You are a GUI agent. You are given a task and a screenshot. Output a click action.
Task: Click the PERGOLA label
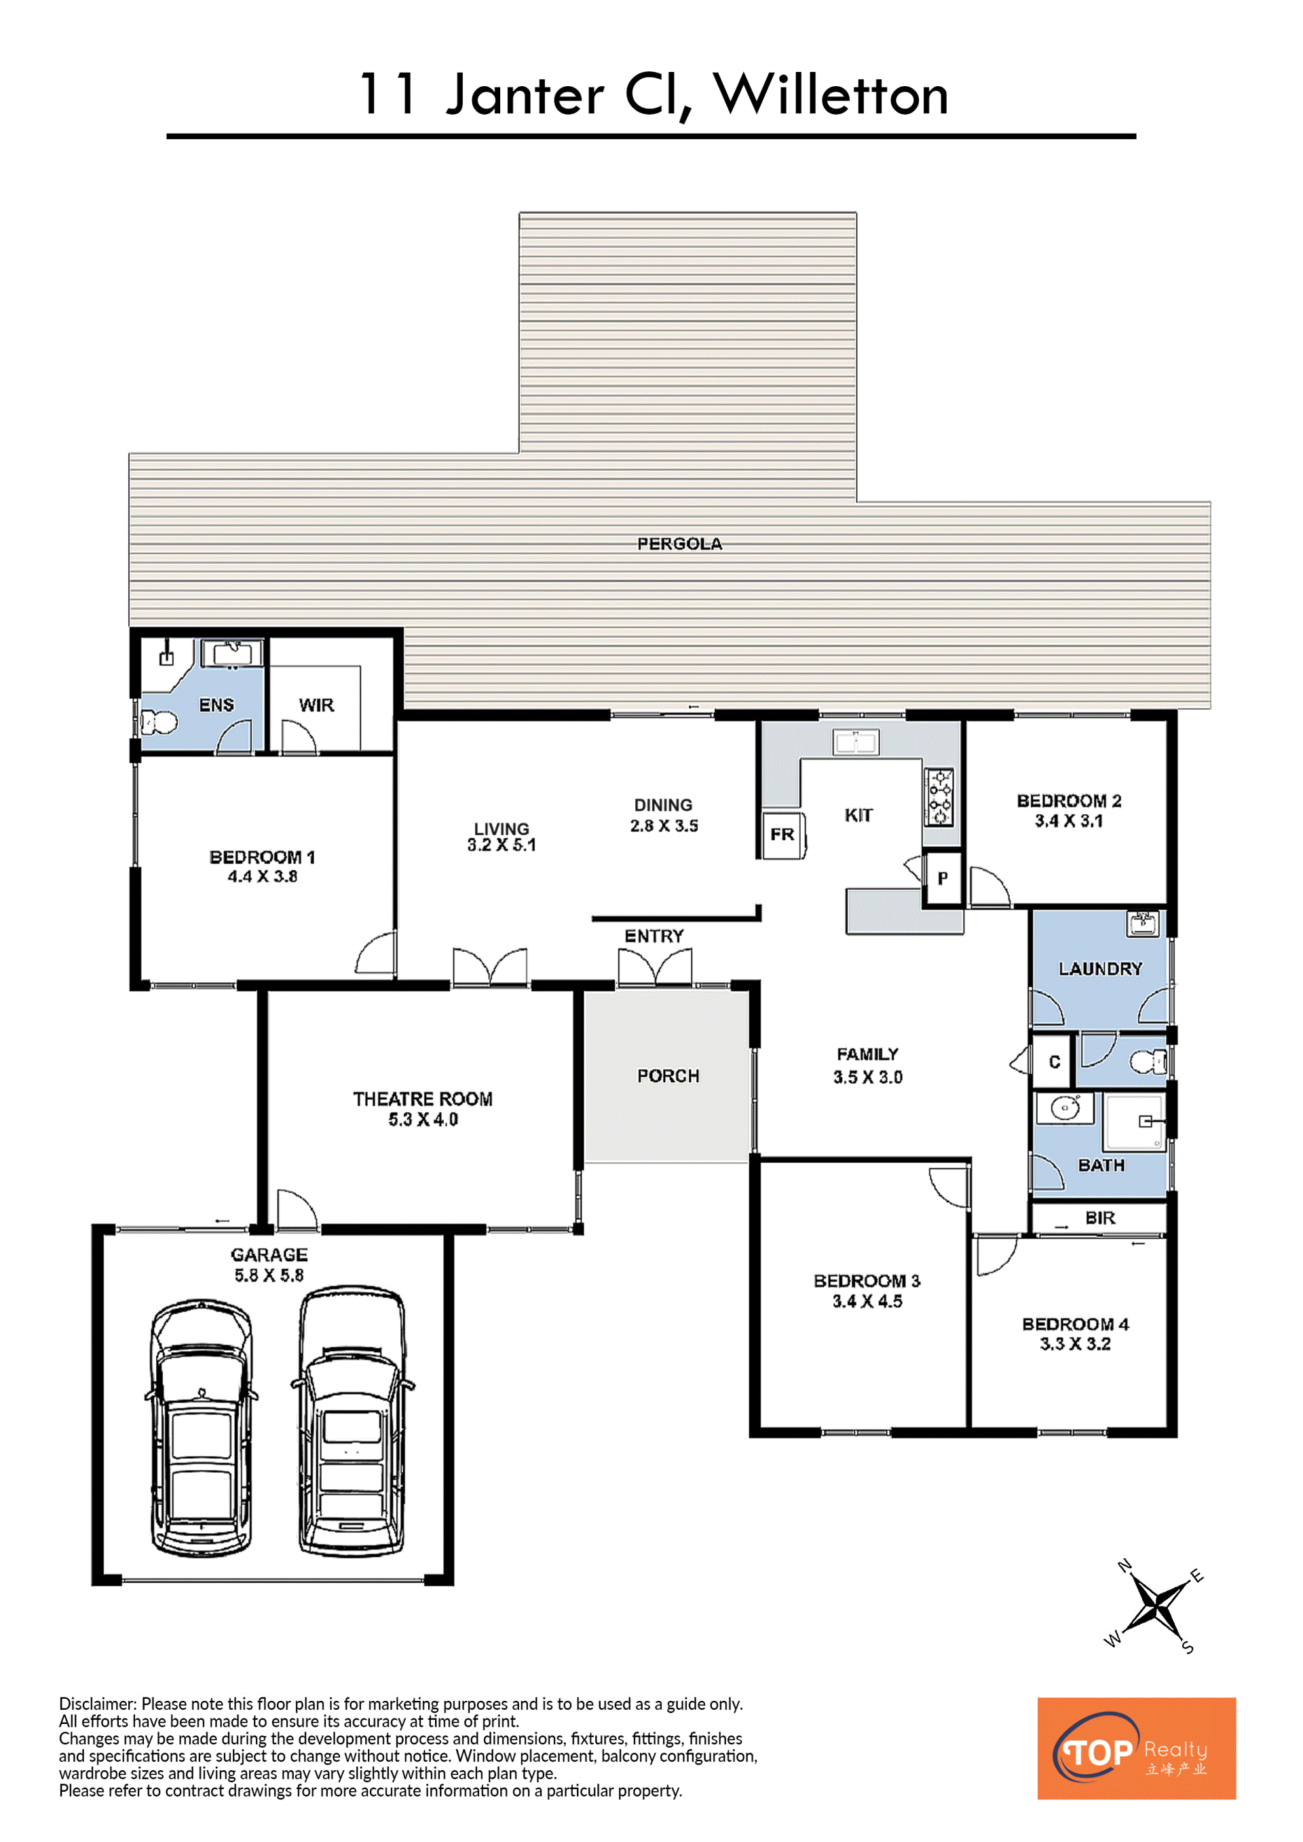click(x=679, y=544)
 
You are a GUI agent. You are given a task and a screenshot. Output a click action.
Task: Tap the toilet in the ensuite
click(x=159, y=722)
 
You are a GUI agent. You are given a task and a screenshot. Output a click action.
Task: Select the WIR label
click(x=316, y=705)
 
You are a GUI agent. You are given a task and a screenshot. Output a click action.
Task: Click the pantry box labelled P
click(x=943, y=879)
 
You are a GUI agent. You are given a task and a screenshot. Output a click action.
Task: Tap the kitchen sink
click(x=856, y=743)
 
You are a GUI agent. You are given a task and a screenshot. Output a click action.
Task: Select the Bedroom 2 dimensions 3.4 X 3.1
click(x=1069, y=821)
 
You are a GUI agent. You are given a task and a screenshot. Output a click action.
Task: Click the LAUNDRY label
click(x=1100, y=969)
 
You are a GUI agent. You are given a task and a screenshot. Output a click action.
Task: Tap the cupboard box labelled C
click(x=1054, y=1061)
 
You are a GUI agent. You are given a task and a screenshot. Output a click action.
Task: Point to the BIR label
click(x=1100, y=1218)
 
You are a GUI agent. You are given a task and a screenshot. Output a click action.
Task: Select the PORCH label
click(x=668, y=1076)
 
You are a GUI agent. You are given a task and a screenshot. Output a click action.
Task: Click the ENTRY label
click(x=654, y=936)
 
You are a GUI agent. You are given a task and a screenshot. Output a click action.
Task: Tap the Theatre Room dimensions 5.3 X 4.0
click(x=423, y=1119)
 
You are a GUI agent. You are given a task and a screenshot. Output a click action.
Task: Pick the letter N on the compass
click(x=1125, y=1565)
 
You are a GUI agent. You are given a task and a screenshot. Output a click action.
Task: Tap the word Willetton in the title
click(x=831, y=95)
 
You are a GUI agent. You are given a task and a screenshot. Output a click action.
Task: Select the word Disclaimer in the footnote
click(x=97, y=1704)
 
